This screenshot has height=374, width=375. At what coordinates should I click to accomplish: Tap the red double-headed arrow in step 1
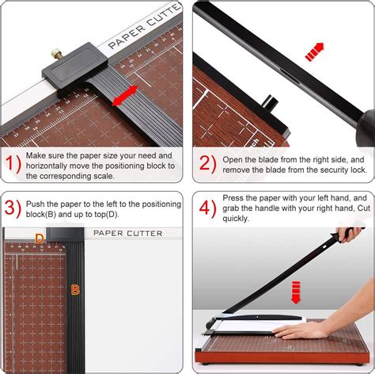(x=125, y=96)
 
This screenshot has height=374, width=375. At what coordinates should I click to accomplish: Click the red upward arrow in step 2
(x=314, y=52)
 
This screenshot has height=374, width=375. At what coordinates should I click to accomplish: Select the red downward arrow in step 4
(x=296, y=292)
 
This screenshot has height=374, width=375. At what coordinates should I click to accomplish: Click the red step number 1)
(x=13, y=164)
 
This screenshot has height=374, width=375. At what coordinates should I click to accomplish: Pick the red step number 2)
(x=208, y=164)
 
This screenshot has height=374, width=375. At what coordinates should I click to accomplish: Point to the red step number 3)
(x=13, y=208)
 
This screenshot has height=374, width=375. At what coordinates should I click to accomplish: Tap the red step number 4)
(x=208, y=208)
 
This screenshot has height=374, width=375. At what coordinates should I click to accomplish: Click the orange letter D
(x=40, y=239)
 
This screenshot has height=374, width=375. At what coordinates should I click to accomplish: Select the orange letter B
(x=75, y=290)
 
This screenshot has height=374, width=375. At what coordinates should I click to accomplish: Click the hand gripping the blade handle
(x=350, y=235)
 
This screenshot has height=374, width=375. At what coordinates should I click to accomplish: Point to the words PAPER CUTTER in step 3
(x=128, y=234)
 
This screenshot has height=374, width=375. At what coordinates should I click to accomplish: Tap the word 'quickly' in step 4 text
(x=235, y=219)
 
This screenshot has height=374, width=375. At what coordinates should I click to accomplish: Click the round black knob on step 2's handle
(x=366, y=128)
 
